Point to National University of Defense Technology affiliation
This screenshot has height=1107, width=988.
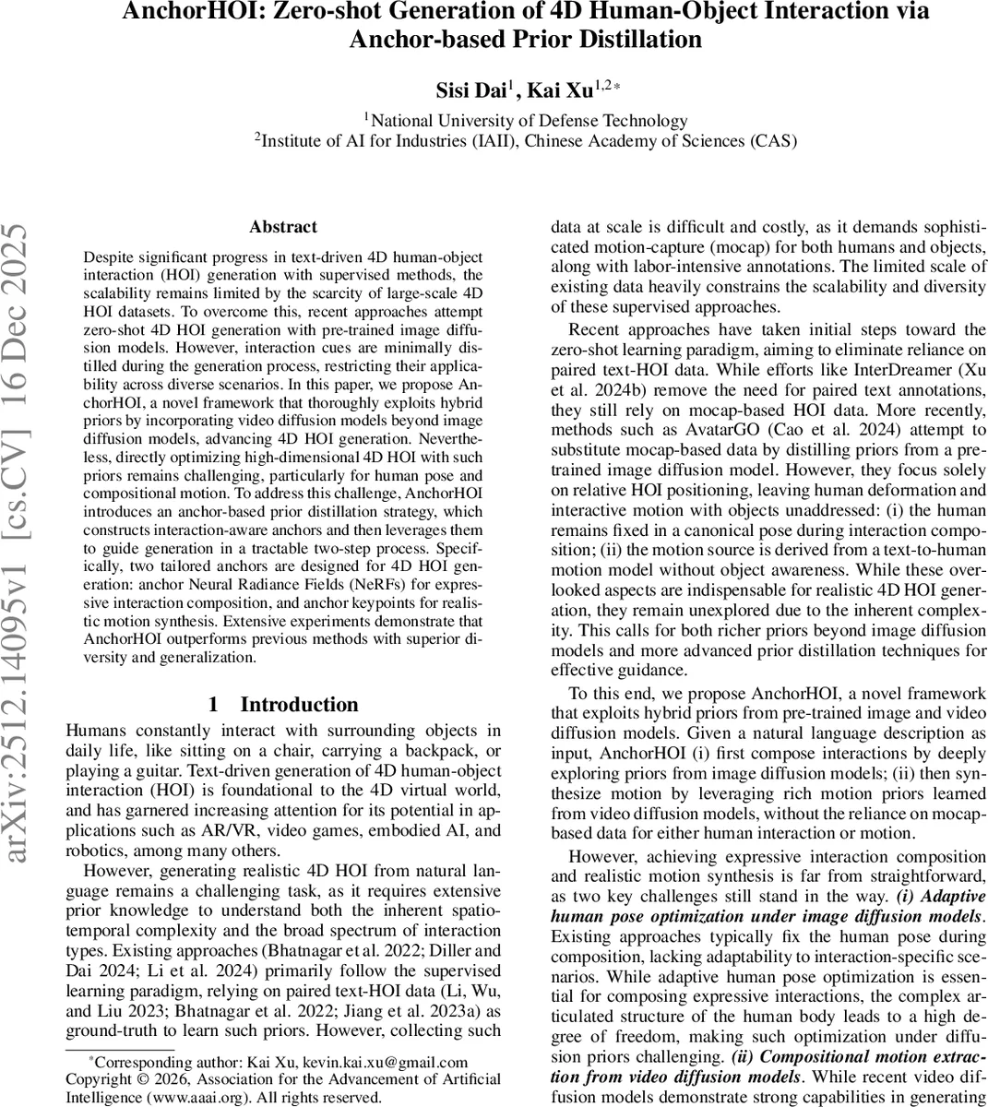[x=529, y=120]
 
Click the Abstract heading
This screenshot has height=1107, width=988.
[x=282, y=227]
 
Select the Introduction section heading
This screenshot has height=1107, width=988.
[x=299, y=705]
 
